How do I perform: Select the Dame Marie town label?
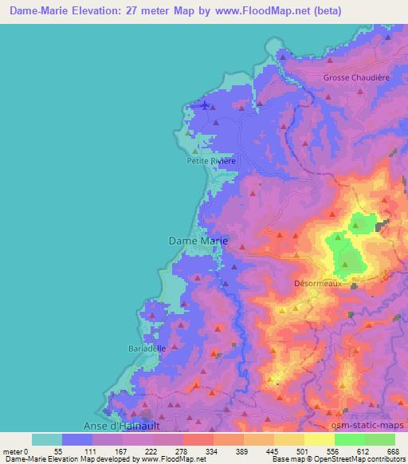pyautogui.click(x=198, y=239)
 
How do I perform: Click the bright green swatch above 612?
pyautogui.click(x=350, y=439)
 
